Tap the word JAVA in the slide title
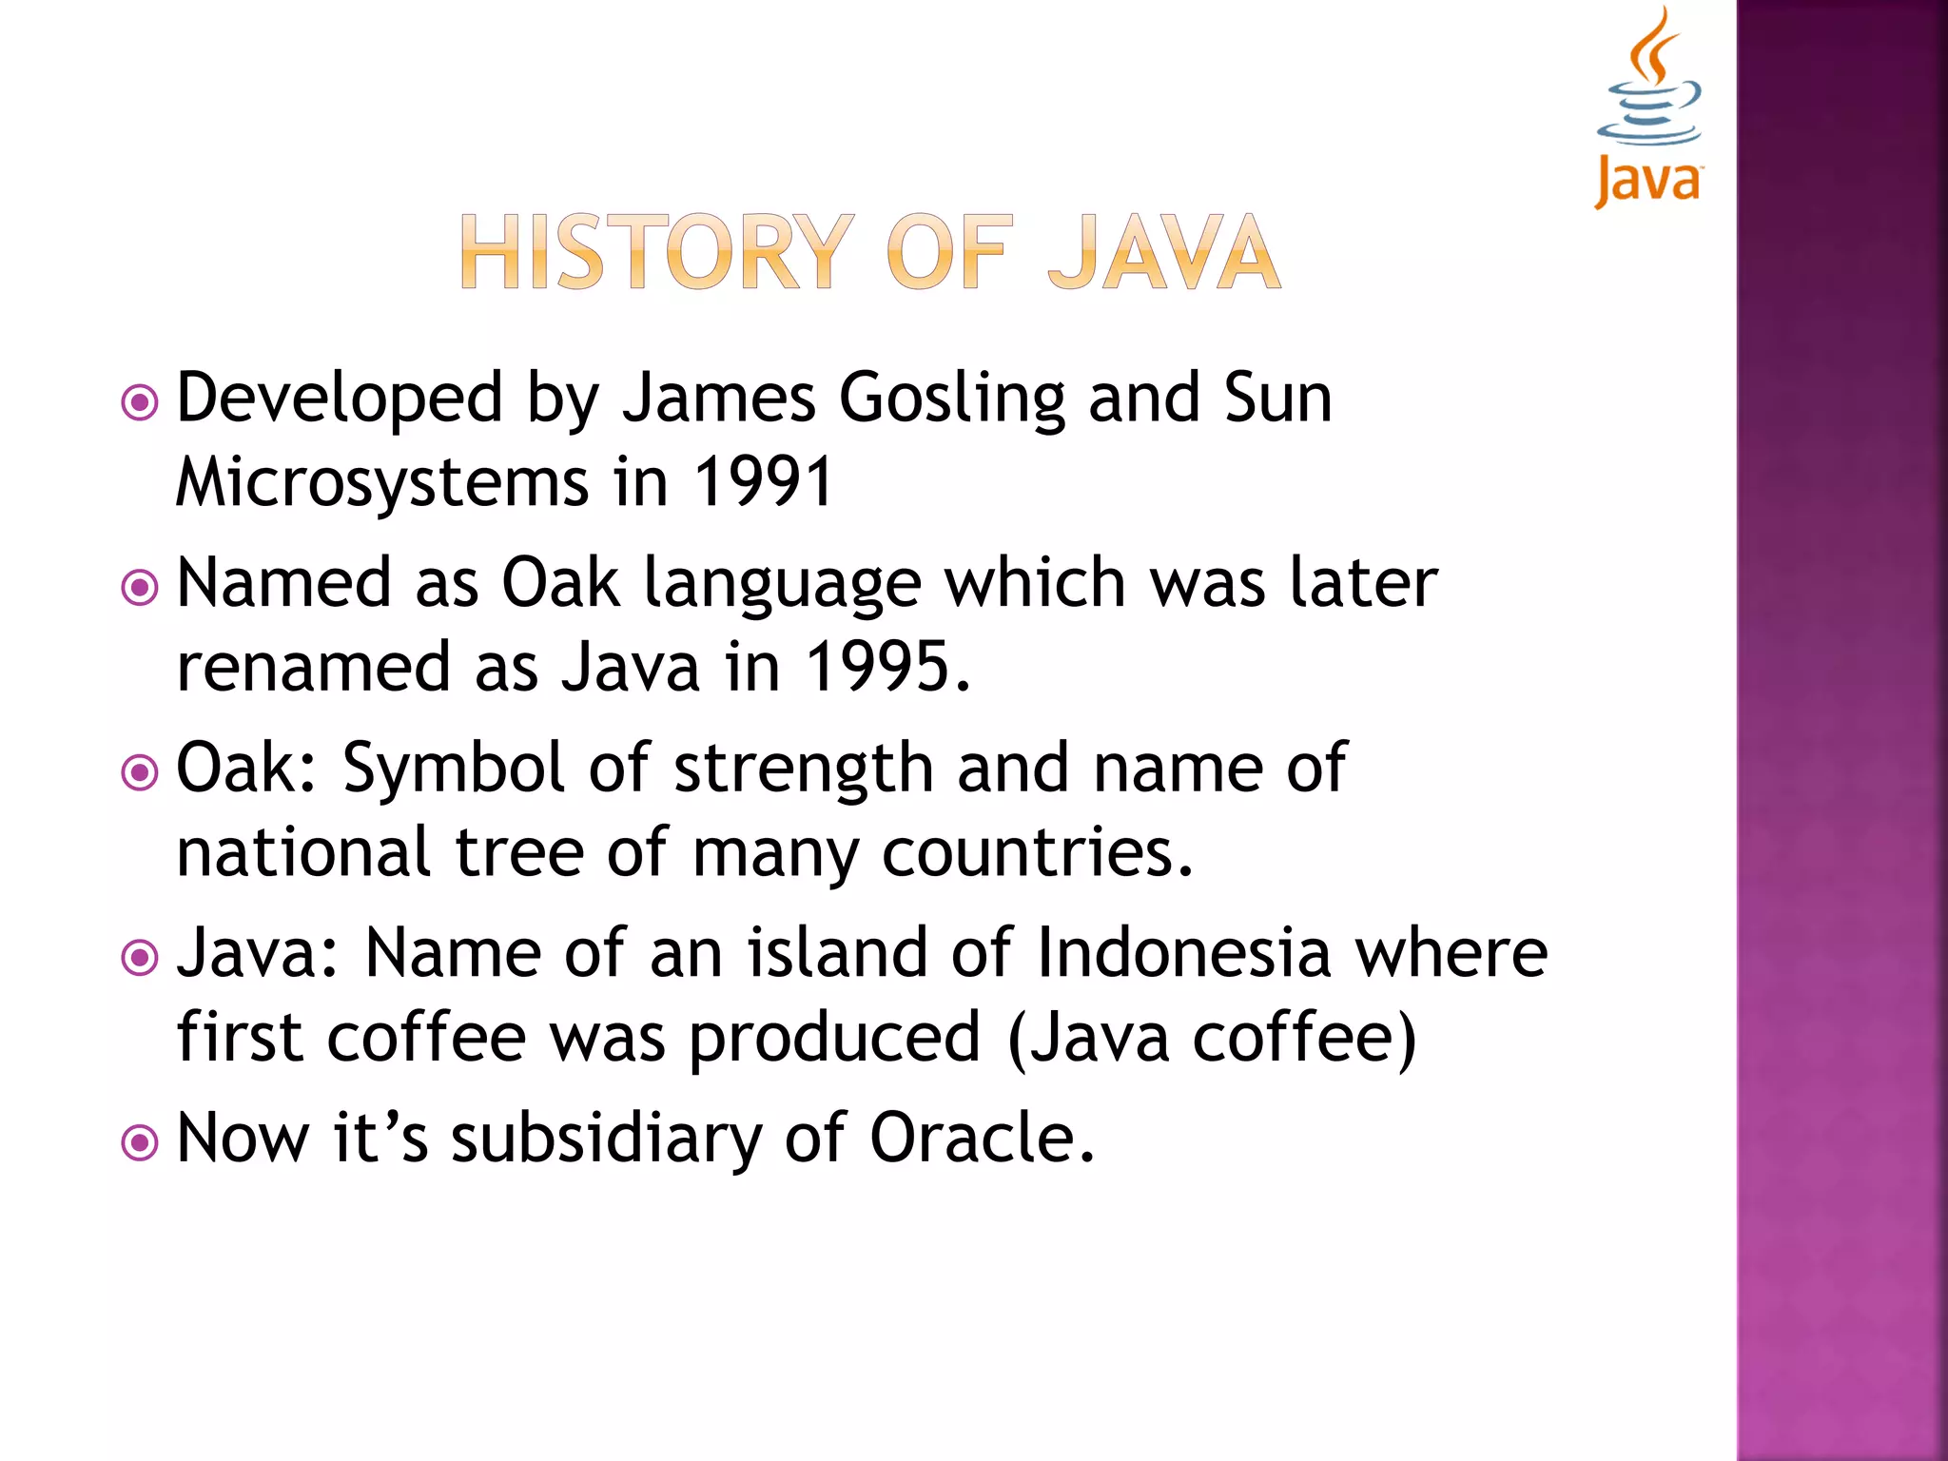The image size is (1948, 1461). click(x=1164, y=252)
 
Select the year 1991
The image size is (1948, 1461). click(x=764, y=482)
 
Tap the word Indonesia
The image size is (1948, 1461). click(x=1183, y=952)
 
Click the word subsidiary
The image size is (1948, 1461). click(x=606, y=1140)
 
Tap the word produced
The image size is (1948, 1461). click(x=834, y=1040)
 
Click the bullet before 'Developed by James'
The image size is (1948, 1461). click(x=140, y=402)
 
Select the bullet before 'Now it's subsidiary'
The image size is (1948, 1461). click(x=140, y=1141)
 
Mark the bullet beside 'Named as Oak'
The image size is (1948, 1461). click(x=140, y=587)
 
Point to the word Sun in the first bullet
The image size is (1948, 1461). click(x=1277, y=398)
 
